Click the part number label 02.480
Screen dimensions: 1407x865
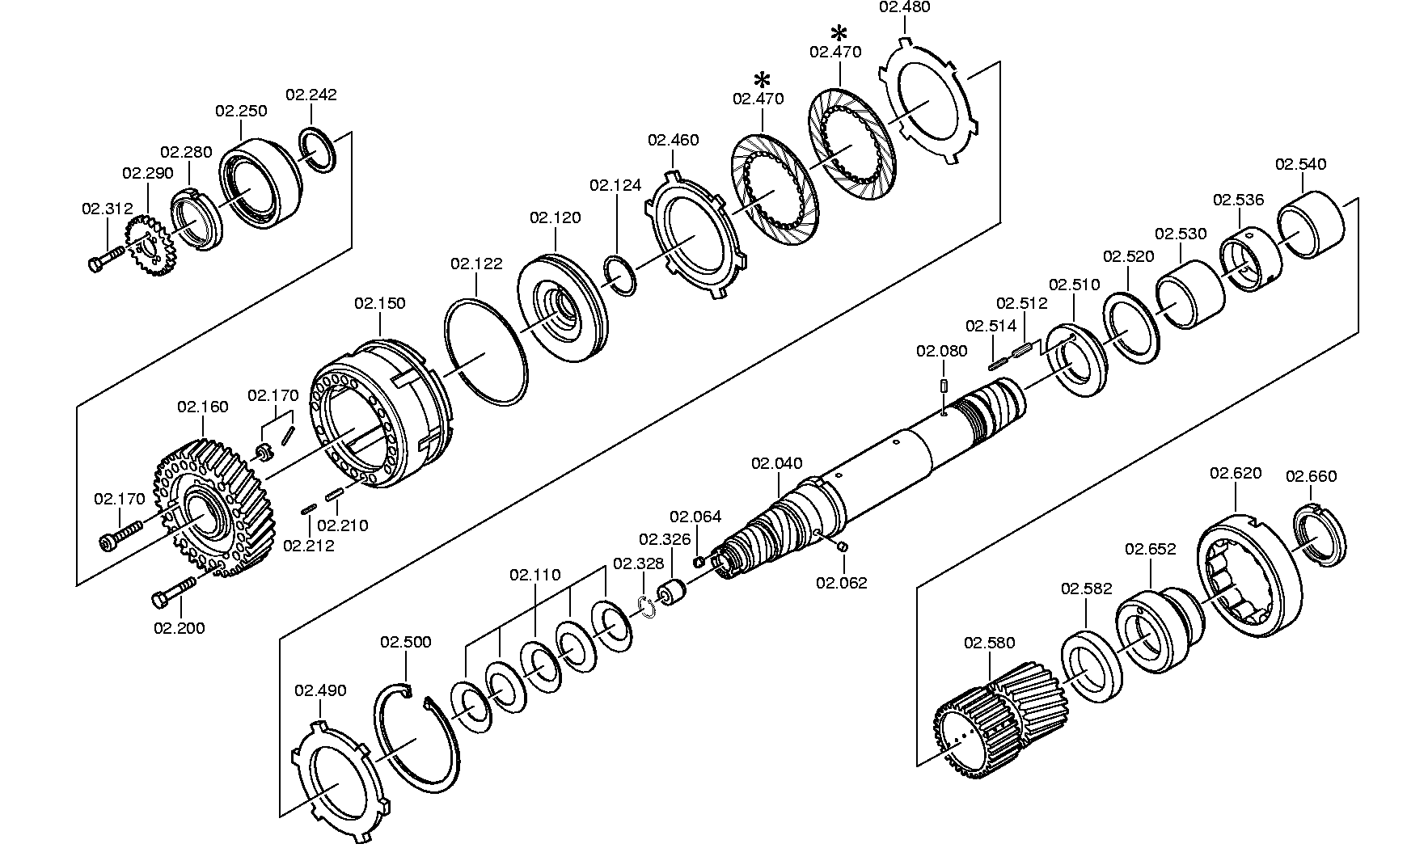pyautogui.click(x=904, y=7)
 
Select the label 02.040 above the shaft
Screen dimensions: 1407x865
pyautogui.click(x=777, y=463)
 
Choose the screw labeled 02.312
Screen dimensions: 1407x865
pyautogui.click(x=104, y=259)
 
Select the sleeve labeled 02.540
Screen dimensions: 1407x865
pyautogui.click(x=1310, y=224)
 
